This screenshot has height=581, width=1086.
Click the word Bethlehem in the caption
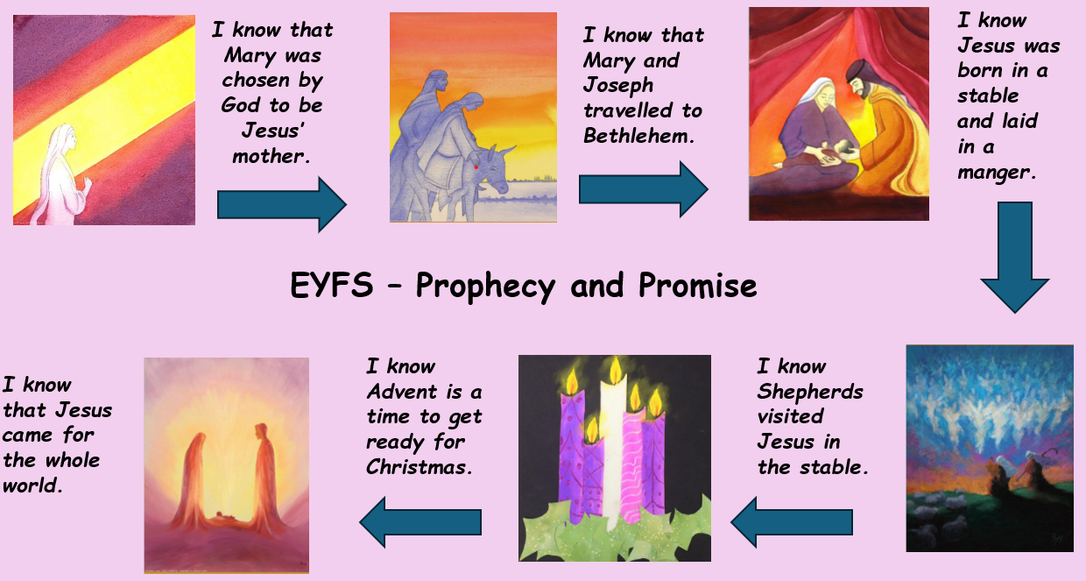(638, 136)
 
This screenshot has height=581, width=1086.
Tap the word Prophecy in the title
(485, 285)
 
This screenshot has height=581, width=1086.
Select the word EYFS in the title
(332, 284)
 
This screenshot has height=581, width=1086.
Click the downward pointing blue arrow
(1015, 258)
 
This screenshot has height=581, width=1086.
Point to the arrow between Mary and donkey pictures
(282, 205)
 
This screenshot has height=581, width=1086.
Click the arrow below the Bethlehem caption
(644, 189)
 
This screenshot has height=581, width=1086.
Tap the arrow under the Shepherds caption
(792, 522)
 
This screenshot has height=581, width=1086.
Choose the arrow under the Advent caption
(420, 522)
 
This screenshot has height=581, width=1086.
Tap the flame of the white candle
(616, 370)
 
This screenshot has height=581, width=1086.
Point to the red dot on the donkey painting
(476, 167)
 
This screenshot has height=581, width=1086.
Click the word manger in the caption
(997, 172)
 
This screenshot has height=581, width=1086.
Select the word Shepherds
(810, 391)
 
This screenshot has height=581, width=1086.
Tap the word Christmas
(419, 466)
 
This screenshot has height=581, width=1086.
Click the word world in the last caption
(32, 485)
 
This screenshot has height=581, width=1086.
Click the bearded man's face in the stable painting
(858, 88)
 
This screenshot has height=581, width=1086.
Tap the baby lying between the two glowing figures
(226, 517)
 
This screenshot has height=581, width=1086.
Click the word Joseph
(618, 86)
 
